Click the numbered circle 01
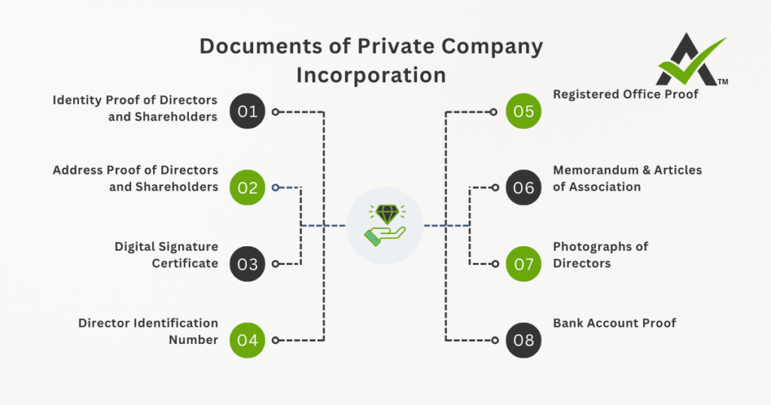248,111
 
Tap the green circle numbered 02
248,187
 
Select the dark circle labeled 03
248,263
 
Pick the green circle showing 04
248,340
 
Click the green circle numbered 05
523,111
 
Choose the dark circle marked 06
523,187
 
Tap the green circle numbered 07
523,263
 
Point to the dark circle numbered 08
523,340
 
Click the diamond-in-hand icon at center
385,225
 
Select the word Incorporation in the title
370,75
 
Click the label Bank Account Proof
614,323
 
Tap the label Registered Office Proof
626,94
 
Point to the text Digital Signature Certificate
166,254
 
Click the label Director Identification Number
148,331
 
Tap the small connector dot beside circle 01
276,111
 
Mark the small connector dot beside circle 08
495,340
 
